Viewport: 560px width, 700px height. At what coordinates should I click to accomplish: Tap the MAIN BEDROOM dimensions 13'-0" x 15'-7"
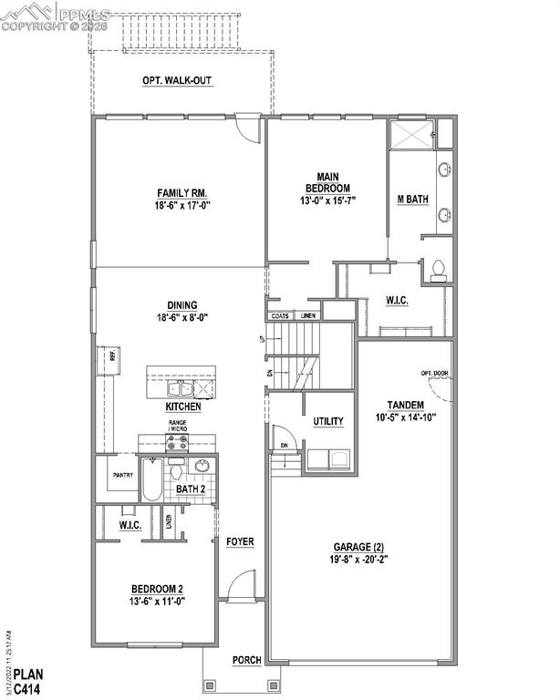pos(327,201)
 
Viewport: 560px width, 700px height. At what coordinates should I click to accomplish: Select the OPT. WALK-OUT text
pos(177,81)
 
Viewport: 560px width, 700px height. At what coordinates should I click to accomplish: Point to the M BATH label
pos(413,200)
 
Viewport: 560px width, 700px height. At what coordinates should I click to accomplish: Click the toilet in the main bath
pos(439,270)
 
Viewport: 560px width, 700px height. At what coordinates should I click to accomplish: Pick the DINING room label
pos(183,306)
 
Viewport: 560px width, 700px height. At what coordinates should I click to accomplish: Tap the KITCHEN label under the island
pos(183,407)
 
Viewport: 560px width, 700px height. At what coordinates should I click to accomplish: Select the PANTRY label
pos(123,474)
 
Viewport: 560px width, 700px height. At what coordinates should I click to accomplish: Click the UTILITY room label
pos(328,421)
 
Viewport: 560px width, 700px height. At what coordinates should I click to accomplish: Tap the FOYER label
pos(240,541)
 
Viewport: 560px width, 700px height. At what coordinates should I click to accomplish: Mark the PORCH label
pos(246,660)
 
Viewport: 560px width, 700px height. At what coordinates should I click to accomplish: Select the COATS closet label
pos(280,316)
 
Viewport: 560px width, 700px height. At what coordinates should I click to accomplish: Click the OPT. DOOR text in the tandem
pos(434,373)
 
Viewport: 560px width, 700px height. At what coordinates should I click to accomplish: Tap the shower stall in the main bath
pos(410,135)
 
